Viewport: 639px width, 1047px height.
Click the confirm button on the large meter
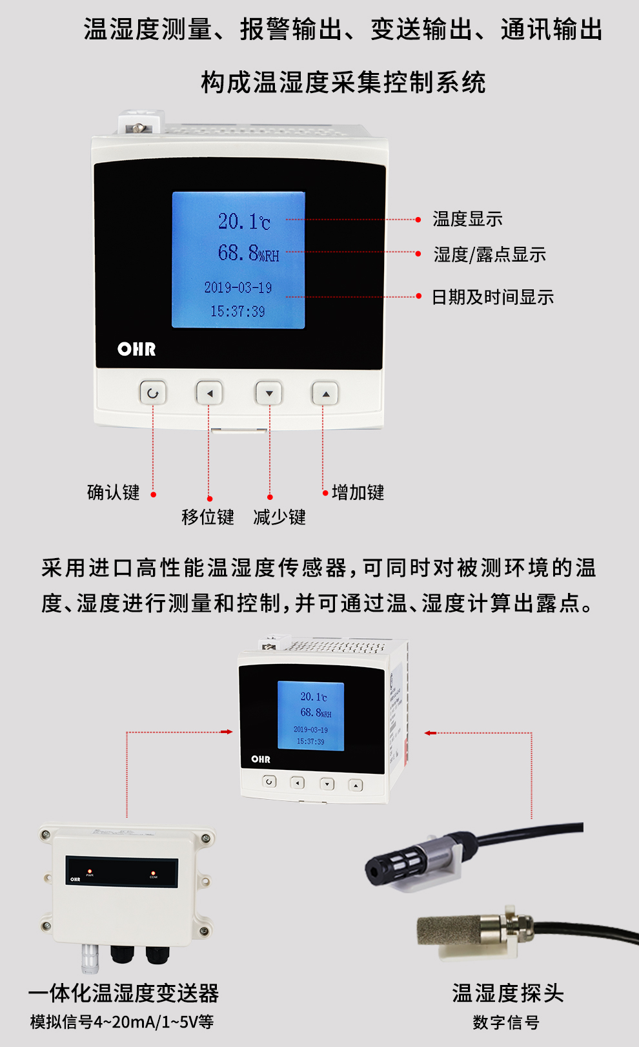[153, 393]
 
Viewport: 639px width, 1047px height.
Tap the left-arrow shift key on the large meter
[209, 393]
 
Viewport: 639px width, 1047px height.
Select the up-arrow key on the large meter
[325, 393]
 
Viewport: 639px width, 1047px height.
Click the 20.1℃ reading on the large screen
[244, 222]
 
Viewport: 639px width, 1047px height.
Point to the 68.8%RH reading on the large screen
[248, 253]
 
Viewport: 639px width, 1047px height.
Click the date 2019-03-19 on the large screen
[238, 287]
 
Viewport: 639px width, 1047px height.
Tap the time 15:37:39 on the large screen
[238, 311]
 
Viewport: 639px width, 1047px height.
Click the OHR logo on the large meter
[137, 349]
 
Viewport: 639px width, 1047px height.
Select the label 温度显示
[467, 219]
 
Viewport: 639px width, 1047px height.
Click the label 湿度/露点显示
[489, 254]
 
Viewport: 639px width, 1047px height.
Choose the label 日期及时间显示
[492, 297]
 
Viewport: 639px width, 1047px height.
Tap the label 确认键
[114, 492]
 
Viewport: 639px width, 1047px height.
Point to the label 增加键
[358, 492]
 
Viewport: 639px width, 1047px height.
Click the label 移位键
[208, 517]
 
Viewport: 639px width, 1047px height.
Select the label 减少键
[279, 517]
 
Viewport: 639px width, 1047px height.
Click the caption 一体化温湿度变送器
[124, 993]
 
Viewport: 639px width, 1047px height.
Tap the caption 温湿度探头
[508, 993]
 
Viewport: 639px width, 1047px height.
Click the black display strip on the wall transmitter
[121, 871]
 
